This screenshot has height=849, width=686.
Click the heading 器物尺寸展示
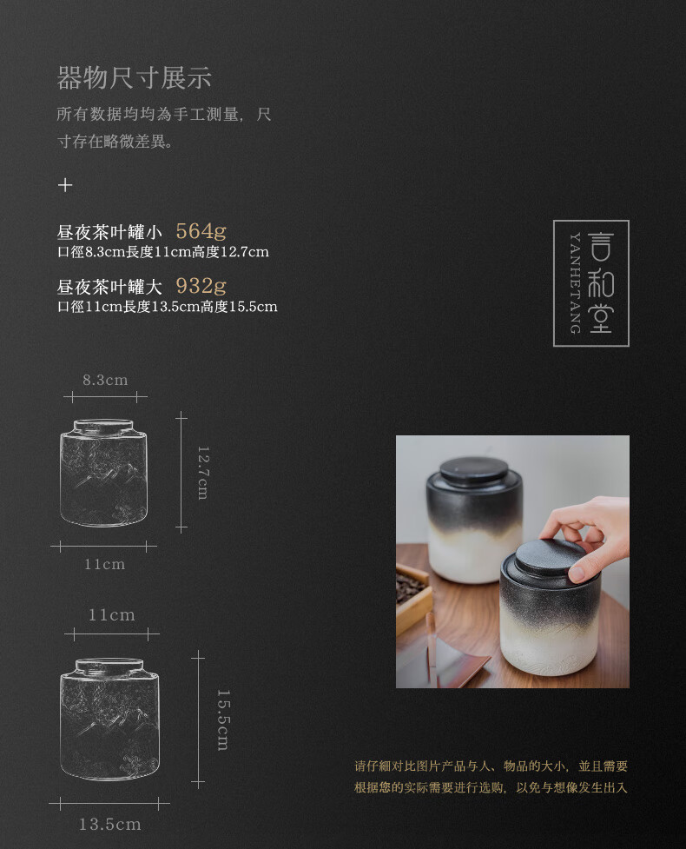point(134,78)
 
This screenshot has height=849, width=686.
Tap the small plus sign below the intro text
point(65,185)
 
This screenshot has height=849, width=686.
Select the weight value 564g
point(201,232)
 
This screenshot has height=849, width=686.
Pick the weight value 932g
point(201,285)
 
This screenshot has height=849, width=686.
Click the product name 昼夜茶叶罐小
point(109,232)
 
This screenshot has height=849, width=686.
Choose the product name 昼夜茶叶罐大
point(109,287)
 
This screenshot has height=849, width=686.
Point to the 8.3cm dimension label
point(105,380)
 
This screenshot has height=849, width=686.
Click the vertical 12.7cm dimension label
point(203,473)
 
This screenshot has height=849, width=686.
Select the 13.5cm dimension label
point(109,824)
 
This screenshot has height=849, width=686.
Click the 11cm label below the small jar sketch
point(104,564)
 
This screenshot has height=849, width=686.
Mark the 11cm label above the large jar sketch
point(111,615)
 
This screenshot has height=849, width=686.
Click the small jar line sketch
point(104,472)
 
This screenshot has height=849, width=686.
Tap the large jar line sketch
point(110,719)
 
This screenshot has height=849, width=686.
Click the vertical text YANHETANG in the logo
point(575,283)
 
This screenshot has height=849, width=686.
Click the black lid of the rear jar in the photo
point(473,469)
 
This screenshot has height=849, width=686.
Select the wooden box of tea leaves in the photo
point(414,595)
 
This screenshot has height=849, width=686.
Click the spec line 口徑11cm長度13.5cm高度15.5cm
point(168,307)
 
